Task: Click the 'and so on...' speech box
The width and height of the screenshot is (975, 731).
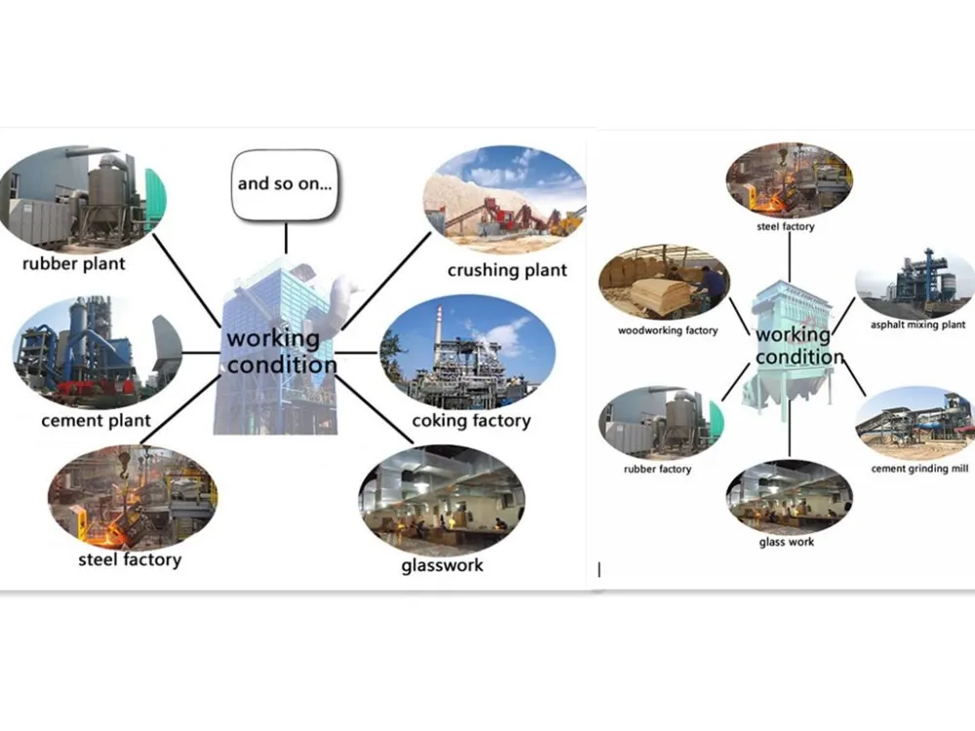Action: point(286,182)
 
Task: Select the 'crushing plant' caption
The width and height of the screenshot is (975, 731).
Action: point(507,270)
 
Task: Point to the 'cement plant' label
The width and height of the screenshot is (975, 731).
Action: point(96,421)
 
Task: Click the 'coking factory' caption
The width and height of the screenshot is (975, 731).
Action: point(471,421)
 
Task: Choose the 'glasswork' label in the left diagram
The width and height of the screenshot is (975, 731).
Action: point(442,565)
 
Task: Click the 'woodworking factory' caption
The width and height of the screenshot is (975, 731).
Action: point(668,330)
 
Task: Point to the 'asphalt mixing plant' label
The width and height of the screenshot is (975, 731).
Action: point(917,325)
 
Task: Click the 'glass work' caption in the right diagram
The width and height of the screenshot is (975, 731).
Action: point(787,542)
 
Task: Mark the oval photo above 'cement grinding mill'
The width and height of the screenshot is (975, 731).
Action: point(916,422)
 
